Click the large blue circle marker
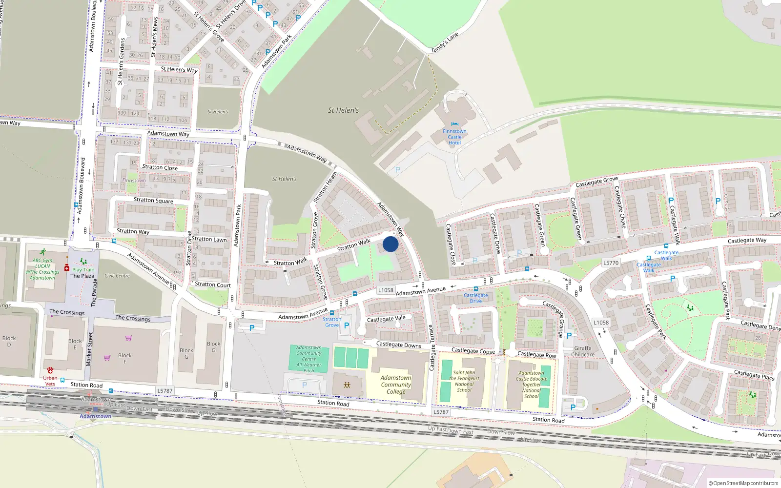click(x=390, y=244)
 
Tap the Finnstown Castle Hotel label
click(x=454, y=137)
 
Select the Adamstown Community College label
click(x=396, y=385)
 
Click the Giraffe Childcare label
click(x=583, y=351)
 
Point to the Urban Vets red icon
click(x=50, y=370)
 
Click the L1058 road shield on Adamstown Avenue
click(x=386, y=290)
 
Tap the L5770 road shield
click(x=611, y=263)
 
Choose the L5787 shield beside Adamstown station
click(x=165, y=390)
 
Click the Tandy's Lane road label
click(x=445, y=43)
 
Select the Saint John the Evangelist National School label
click(x=464, y=381)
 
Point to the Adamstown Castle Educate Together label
click(x=531, y=385)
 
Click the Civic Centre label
click(x=117, y=276)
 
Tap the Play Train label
click(x=83, y=269)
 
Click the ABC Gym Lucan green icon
click(x=43, y=252)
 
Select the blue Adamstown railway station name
click(x=96, y=416)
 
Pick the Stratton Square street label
click(x=153, y=200)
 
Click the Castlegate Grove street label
click(x=596, y=182)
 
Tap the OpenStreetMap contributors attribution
click(x=743, y=483)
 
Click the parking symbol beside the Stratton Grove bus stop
click(x=347, y=325)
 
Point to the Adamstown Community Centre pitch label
click(x=308, y=359)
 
